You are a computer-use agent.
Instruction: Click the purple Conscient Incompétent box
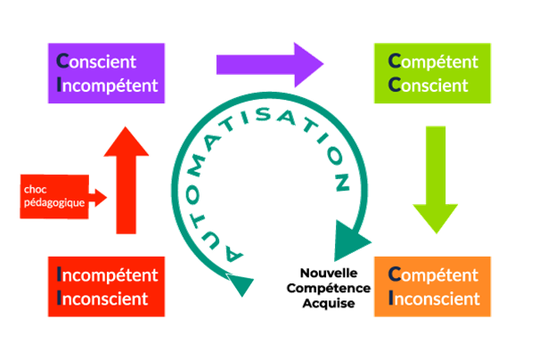pos(107,74)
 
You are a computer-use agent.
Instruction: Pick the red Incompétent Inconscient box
pos(107,287)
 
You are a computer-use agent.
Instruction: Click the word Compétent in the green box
pos(435,62)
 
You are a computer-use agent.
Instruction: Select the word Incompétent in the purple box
pos(107,86)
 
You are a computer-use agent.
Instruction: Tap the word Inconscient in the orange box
pos(435,299)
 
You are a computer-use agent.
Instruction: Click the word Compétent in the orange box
pos(435,275)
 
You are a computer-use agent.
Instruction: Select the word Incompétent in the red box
pos(107,275)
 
